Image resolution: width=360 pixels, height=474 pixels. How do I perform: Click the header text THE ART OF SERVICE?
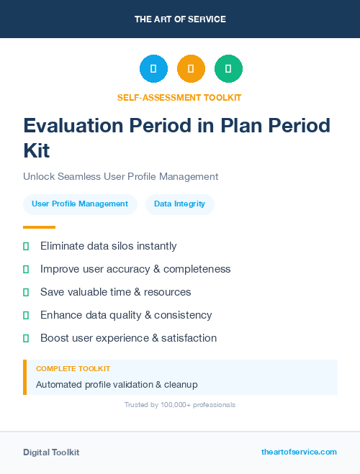coord(180,19)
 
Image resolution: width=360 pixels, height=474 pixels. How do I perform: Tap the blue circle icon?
coord(153,68)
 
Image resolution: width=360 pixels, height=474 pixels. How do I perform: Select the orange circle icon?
coord(191,68)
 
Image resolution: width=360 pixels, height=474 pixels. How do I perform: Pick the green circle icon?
coord(228,68)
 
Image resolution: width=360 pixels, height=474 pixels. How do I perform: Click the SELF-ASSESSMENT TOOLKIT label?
coord(180,97)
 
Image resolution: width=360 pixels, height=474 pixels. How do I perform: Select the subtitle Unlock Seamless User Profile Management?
coord(120,176)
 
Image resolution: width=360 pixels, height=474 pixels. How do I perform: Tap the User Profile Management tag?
coord(80,204)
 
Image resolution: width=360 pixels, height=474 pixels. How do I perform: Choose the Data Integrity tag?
coord(179,204)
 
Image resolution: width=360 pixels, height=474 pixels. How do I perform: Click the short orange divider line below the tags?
coord(39,227)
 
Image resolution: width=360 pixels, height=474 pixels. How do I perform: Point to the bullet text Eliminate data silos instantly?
coord(108,246)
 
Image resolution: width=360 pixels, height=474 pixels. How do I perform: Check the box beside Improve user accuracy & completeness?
coord(26,269)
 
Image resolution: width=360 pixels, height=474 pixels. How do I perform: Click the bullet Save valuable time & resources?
coord(115,292)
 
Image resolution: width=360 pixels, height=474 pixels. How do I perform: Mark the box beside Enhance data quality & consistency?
coord(26,315)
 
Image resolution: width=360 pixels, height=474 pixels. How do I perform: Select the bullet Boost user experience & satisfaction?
coord(128,338)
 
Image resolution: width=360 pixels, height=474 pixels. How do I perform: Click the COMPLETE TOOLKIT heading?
coord(73,368)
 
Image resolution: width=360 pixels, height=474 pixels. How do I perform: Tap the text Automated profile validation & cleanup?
coord(117,385)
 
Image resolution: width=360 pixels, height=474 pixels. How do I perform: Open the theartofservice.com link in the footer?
coord(299,452)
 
